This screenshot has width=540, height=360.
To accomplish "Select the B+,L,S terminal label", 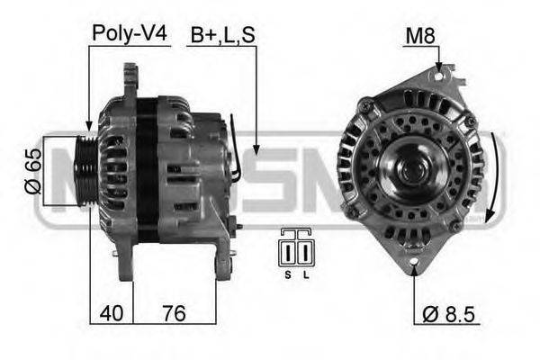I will pos(221,34).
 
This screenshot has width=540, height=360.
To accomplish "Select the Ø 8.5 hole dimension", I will pos(448,314).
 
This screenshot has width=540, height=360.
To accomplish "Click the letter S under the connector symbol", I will pos(287,274).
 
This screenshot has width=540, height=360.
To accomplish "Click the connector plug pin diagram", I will pos(295,248).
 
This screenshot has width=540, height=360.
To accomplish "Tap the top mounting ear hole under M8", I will pos(439,78).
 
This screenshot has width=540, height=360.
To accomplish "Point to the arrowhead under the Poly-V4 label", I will pos(88,127).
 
